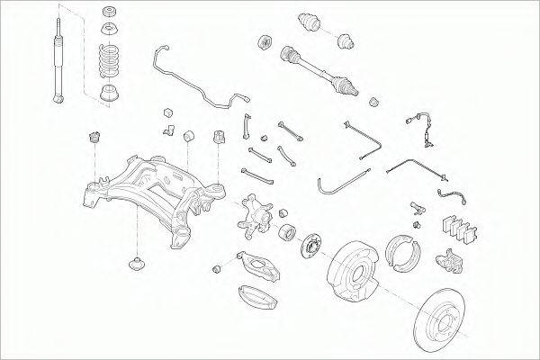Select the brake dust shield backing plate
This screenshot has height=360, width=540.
[356, 270]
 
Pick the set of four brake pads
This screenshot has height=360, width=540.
[462, 229]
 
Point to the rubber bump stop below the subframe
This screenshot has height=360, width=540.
[136, 266]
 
